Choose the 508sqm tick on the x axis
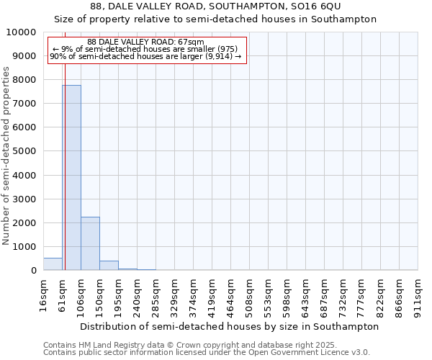pos(249,294)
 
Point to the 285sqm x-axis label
pos(156,294)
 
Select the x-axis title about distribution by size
pos(229,326)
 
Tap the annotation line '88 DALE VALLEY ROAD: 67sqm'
pos(145,42)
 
